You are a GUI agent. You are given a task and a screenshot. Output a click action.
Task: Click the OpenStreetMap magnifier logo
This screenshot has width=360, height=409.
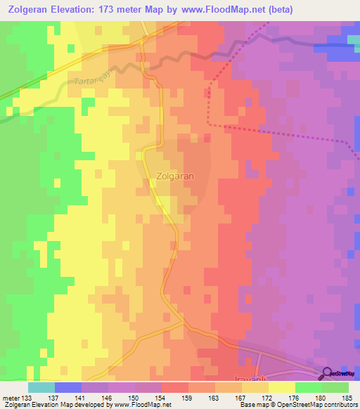pos(328,373)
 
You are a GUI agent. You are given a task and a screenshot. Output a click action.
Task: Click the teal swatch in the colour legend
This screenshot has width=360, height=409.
pos(41,387)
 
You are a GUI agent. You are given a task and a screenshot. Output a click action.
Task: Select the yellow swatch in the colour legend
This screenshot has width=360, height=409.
pos(282,387)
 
